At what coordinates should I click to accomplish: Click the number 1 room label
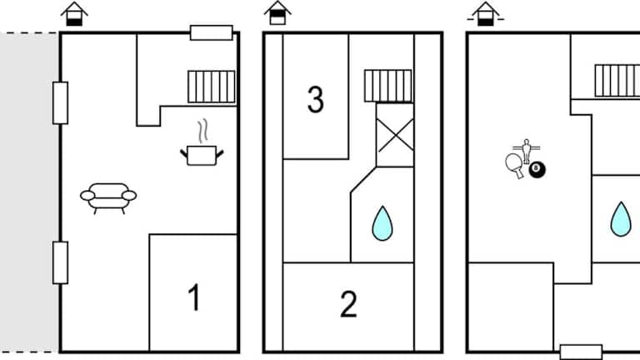tap(195, 297)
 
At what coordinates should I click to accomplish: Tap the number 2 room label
tap(348, 303)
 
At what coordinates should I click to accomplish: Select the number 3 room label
tap(316, 99)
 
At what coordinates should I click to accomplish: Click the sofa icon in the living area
tap(108, 198)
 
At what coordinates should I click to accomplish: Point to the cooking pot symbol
tap(202, 156)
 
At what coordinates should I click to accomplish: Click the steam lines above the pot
tap(202, 131)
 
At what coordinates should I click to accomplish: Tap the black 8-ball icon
tap(537, 170)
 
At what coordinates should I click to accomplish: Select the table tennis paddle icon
tap(515, 165)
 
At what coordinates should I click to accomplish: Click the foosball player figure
tap(527, 151)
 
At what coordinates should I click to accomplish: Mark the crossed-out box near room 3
tap(395, 135)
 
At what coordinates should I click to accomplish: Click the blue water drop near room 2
tap(382, 223)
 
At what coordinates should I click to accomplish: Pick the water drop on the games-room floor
tap(621, 219)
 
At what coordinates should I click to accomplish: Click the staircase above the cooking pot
tap(212, 87)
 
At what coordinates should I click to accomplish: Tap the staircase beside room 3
tap(388, 86)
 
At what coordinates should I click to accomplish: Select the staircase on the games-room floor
tap(617, 81)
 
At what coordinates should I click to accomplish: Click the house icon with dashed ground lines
tap(486, 14)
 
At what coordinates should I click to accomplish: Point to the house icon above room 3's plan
tap(277, 13)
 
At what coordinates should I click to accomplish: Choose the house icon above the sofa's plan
tap(74, 14)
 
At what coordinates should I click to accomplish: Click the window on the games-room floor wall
tap(581, 352)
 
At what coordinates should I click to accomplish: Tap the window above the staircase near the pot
tap(212, 32)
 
